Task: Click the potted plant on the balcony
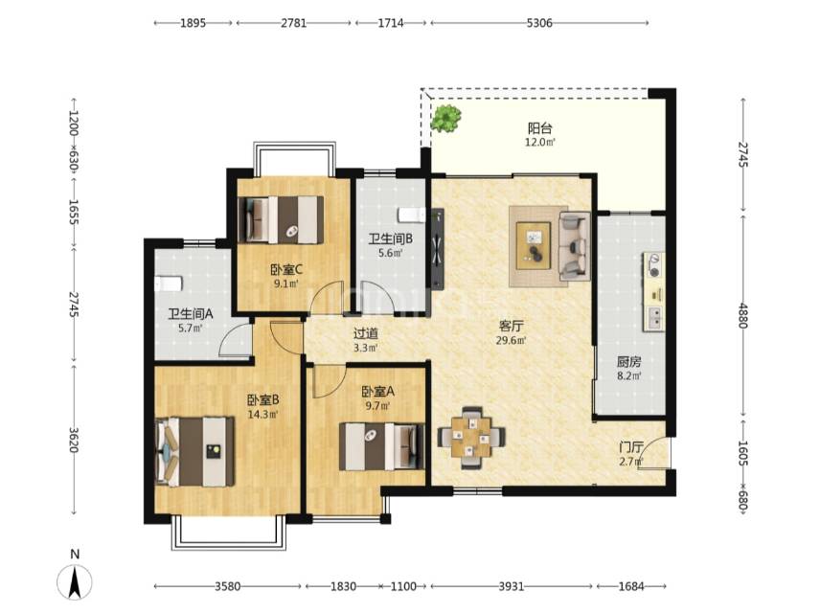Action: click(445, 118)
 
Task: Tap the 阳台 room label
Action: click(540, 128)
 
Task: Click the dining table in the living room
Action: click(471, 437)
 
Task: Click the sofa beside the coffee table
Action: click(574, 245)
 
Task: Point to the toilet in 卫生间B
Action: click(413, 215)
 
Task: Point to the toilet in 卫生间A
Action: click(169, 284)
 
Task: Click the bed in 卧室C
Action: click(281, 219)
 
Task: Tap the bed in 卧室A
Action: click(382, 446)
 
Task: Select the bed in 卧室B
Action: click(194, 451)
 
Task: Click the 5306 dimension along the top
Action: click(539, 23)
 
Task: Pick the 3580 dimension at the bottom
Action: click(227, 586)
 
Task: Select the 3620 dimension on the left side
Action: click(74, 440)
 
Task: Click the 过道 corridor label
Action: click(366, 333)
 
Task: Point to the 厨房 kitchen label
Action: click(629, 362)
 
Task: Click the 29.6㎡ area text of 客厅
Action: click(511, 340)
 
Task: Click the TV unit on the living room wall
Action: click(438, 249)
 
